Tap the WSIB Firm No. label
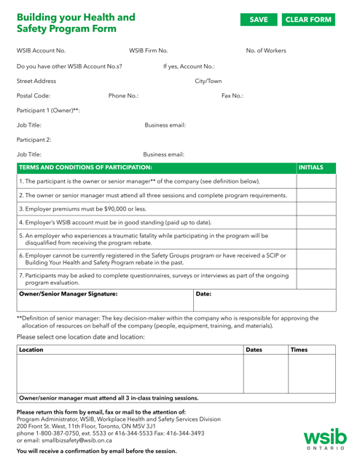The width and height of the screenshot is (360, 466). tap(149, 50)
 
